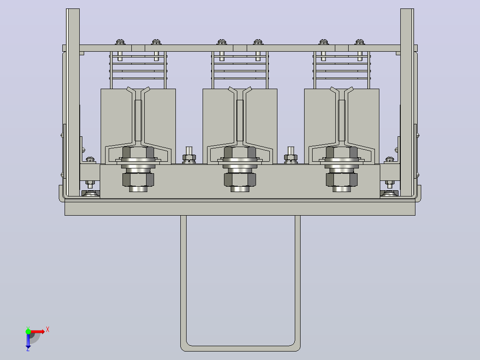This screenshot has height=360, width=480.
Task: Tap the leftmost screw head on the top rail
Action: (x=120, y=42)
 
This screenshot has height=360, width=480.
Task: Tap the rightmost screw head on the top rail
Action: (x=360, y=42)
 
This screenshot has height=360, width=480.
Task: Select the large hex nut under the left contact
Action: (x=138, y=180)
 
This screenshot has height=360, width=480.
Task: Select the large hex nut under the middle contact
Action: (x=240, y=180)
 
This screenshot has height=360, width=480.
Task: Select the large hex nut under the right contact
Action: (x=342, y=180)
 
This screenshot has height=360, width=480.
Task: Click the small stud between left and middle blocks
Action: (x=189, y=155)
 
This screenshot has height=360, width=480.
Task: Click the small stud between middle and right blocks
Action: (x=291, y=155)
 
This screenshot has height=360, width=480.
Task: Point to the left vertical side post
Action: (x=73, y=102)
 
